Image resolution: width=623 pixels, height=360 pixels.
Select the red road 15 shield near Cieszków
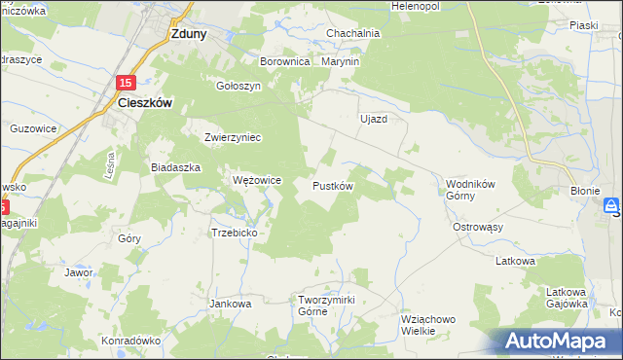pyautogui.click(x=126, y=84)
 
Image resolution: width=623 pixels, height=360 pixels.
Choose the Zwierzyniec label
pyautogui.click(x=233, y=137)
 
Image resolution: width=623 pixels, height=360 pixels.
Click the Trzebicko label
pyautogui.click(x=234, y=233)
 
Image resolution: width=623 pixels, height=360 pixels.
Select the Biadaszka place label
pyautogui.click(x=175, y=167)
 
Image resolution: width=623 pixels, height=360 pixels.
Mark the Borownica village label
pyautogui.click(x=284, y=61)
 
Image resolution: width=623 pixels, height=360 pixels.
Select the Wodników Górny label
pyautogui.click(x=473, y=189)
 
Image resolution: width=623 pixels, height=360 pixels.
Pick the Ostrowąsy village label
pyautogui.click(x=477, y=227)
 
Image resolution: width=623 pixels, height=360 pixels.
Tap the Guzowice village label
pyautogui.click(x=33, y=127)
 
